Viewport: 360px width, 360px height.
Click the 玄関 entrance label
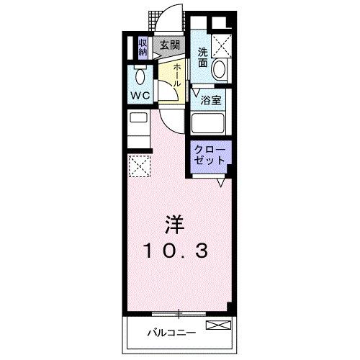pos(169,44)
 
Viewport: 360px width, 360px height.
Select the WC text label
pos(140,95)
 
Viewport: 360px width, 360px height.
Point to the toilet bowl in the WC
pos(141,75)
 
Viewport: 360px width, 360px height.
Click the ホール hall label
pos(176,73)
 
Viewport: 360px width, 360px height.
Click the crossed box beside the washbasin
pos(222,45)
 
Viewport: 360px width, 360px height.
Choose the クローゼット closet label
pos(210,156)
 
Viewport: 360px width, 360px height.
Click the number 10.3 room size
pos(176,250)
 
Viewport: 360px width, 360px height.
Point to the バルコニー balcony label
pos(171,333)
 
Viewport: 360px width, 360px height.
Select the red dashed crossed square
pos(140,166)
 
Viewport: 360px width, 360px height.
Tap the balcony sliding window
pos(178,313)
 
